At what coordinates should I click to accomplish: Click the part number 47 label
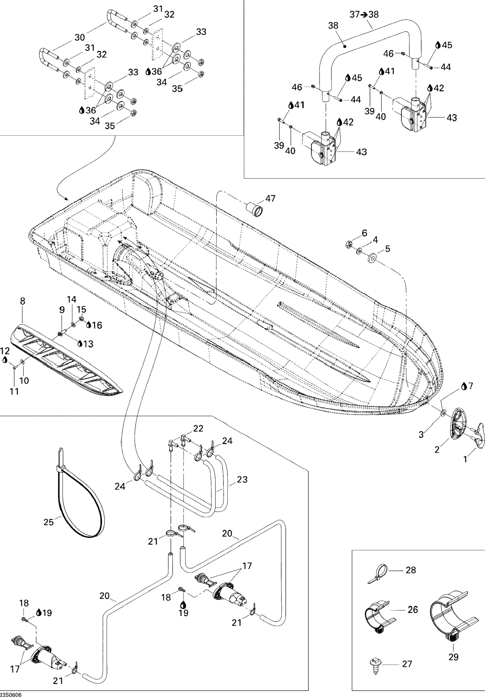point(270,198)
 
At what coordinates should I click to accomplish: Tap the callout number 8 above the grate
point(22,301)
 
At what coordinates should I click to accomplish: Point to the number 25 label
point(48,522)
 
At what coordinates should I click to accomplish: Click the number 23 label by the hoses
point(242,480)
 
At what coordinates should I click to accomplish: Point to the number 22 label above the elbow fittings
point(198,428)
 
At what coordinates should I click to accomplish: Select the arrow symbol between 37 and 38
point(364,14)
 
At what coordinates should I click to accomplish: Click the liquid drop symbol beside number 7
point(464,386)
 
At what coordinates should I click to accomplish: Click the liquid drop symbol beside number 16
point(89,325)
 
